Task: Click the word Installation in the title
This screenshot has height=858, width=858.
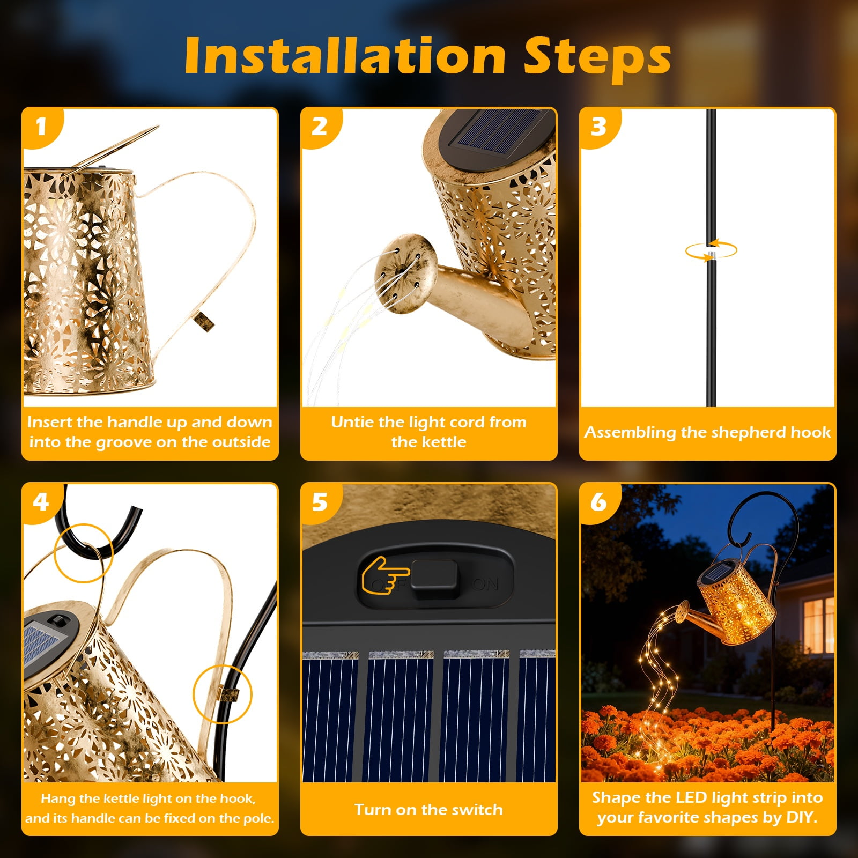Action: coord(345,56)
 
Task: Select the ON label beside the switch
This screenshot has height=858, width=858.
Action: coord(486,584)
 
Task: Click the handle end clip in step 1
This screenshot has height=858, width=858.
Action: coord(204,321)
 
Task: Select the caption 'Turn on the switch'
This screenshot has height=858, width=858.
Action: coord(428,810)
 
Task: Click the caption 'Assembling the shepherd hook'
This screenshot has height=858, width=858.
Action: coord(707,432)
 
